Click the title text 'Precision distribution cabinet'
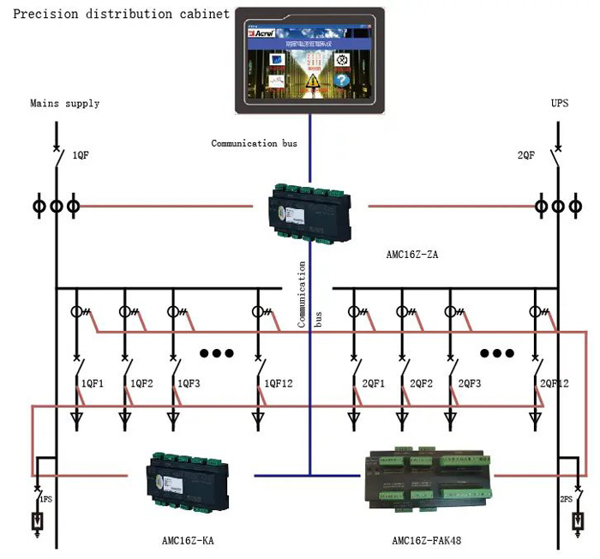[x=121, y=14]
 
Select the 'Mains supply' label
[x=65, y=104]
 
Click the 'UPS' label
[x=560, y=104]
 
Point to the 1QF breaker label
[x=81, y=156]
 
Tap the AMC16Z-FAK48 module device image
[x=424, y=477]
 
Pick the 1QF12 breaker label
[x=279, y=383]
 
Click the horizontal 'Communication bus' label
[x=254, y=143]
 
